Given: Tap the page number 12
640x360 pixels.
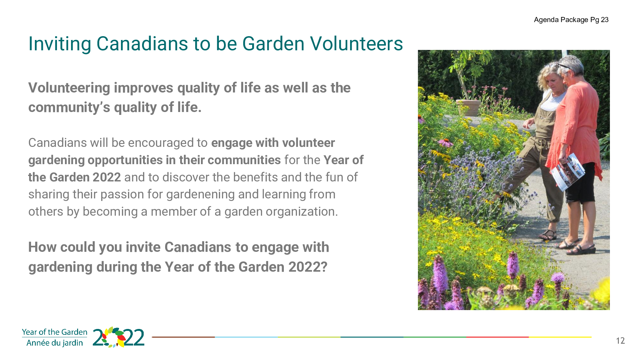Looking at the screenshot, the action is click(x=620, y=341).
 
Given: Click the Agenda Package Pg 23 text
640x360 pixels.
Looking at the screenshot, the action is click(x=571, y=20).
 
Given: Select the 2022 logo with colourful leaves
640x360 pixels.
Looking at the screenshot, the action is click(x=118, y=337).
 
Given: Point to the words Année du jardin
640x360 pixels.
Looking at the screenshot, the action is click(x=55, y=343).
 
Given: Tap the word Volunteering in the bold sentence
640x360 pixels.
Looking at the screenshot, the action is click(x=69, y=88).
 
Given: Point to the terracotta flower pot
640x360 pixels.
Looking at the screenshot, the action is click(x=468, y=107).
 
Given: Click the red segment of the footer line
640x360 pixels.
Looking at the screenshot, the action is click(x=498, y=337).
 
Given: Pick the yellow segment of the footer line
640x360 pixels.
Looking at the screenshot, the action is click(x=560, y=337).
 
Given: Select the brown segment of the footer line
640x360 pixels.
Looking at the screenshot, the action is click(x=183, y=337).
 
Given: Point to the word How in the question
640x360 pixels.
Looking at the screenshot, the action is click(x=42, y=247).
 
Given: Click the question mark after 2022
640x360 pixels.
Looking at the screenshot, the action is click(x=324, y=267).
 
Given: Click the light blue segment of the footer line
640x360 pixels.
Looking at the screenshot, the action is click(x=246, y=337).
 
